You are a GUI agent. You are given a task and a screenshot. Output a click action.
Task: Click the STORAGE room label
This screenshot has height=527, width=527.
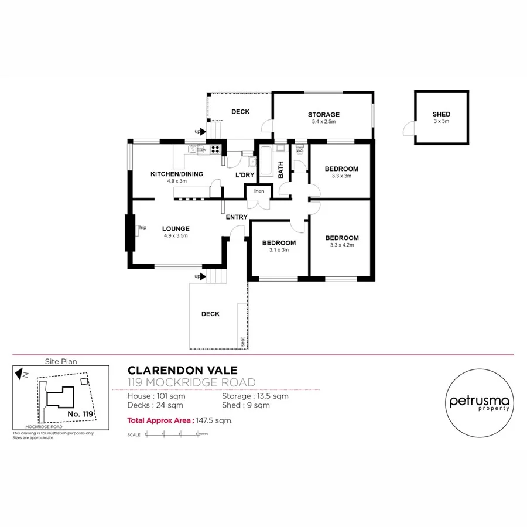tap(324, 115)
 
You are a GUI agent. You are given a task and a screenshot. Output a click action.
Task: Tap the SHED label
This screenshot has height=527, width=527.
tap(442, 114)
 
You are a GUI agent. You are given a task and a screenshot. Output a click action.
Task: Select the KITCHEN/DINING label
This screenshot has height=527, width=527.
tap(177, 174)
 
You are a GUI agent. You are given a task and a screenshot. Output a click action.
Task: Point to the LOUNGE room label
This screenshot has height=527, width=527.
tap(176, 229)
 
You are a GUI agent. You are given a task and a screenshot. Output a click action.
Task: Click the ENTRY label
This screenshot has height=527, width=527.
tap(237, 217)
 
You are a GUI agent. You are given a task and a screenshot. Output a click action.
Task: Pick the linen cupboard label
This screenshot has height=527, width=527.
tap(259, 191)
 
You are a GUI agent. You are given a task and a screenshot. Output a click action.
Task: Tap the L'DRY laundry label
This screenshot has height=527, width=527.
tap(244, 175)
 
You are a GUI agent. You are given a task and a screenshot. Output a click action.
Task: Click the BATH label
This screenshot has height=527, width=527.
tap(280, 170)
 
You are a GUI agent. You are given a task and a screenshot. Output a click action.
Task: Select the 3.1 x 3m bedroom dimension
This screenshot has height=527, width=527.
tap(279, 249)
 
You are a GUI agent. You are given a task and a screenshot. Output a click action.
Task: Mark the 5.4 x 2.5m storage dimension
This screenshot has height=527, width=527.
tap(324, 122)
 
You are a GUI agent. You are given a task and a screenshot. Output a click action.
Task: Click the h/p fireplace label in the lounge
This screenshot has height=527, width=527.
tap(142, 228)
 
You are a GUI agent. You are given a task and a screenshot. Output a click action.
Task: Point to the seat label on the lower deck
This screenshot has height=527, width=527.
tap(242, 341)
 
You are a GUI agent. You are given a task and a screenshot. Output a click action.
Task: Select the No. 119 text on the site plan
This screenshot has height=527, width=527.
tap(80, 414)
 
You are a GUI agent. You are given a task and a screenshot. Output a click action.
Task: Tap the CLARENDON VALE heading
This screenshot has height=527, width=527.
tap(183, 371)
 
